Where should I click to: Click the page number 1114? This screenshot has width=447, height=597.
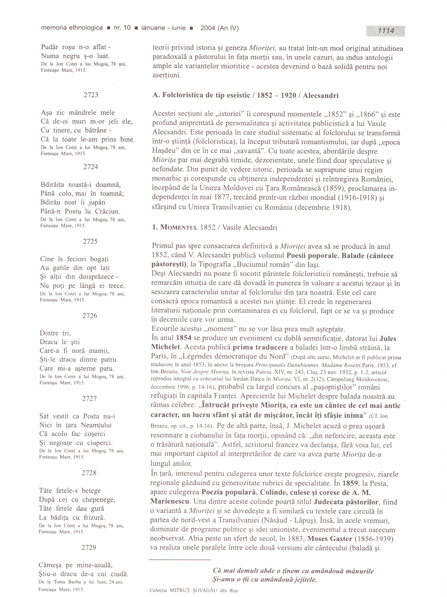tap(386, 31)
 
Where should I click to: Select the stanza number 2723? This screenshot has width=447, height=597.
tap(91, 95)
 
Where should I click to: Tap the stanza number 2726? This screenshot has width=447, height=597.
tap(90, 316)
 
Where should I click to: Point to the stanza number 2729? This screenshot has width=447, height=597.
tap(89, 547)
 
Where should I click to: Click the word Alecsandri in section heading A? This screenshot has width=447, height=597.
tap(321, 95)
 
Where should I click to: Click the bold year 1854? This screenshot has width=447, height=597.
tap(183, 338)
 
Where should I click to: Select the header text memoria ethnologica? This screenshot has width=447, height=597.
tap(72, 28)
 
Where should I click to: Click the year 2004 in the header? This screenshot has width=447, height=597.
tap(208, 28)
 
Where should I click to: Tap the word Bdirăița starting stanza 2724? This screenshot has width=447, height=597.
tap(53, 185)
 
